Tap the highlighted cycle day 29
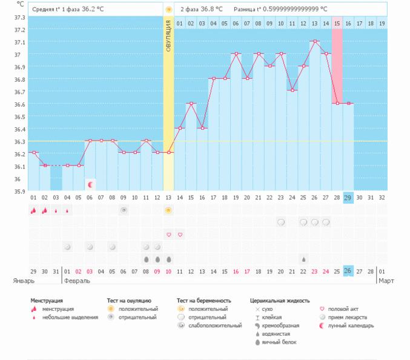click(348, 198)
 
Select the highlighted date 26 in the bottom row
click(348, 270)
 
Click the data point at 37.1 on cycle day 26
click(314, 42)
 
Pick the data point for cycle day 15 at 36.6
click(191, 104)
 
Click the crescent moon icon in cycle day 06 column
click(90, 184)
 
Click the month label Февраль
click(77, 281)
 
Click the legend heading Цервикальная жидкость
click(279, 300)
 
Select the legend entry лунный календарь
click(354, 325)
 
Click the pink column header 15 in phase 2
click(337, 23)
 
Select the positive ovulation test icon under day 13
click(168, 210)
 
